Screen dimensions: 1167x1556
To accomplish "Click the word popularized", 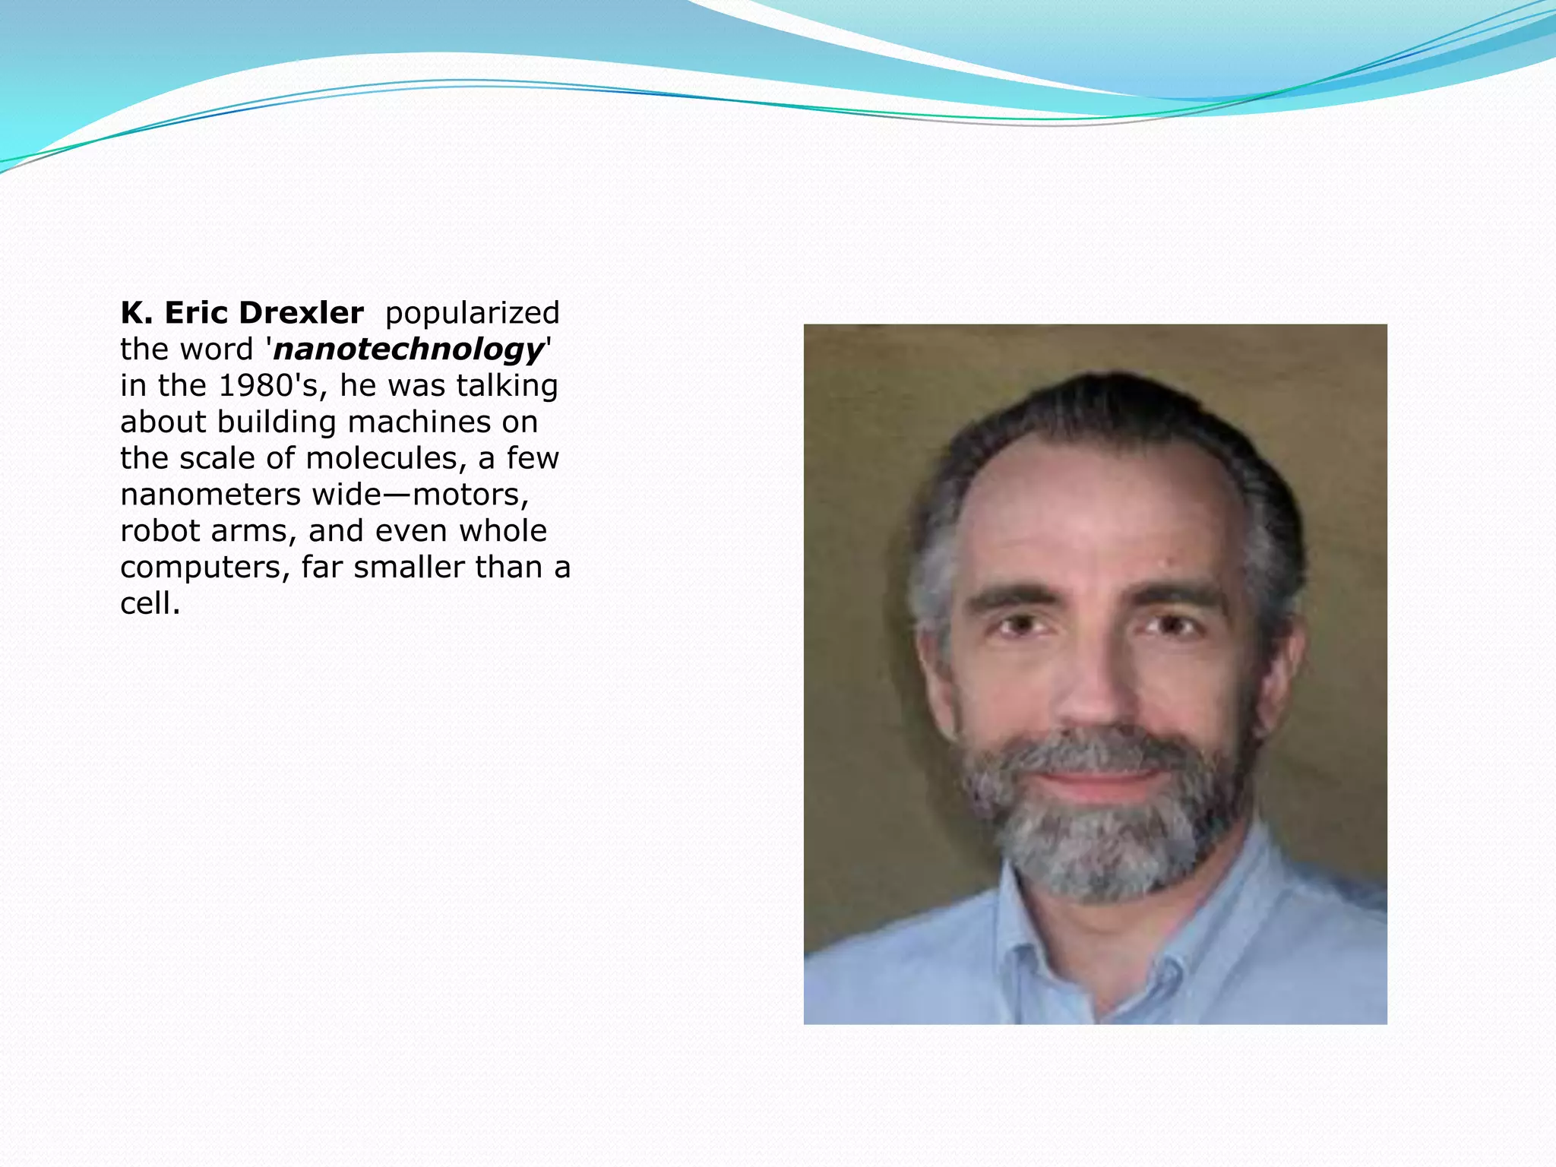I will coord(472,313).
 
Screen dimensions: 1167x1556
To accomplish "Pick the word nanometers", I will coord(210,495).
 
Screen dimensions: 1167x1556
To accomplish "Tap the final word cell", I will coord(150,603).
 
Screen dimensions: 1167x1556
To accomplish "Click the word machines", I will coord(420,422).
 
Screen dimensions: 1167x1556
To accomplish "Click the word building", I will coord(276,422).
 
